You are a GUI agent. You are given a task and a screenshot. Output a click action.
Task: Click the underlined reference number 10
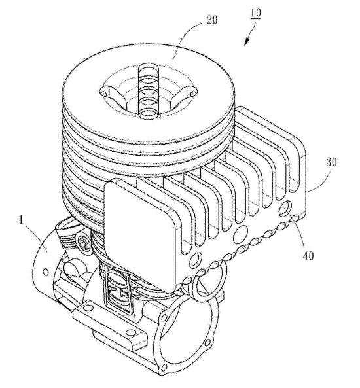[x=256, y=13]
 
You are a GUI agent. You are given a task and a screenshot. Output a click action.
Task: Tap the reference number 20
[x=212, y=20]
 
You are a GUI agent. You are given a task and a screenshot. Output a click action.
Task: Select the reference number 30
[x=331, y=162]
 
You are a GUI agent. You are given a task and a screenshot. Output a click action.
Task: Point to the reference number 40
[x=308, y=256]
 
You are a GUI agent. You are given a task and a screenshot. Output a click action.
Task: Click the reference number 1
[x=22, y=220]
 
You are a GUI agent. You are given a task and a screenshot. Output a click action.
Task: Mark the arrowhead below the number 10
[x=247, y=42]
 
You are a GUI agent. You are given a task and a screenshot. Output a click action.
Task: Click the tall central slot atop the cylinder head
[x=149, y=90]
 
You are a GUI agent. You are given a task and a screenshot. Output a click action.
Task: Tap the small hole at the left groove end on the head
[x=104, y=94]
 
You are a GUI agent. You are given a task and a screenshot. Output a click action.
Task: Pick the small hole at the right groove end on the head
[x=192, y=94]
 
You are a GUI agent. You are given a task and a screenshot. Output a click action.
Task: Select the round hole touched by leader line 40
[x=285, y=208]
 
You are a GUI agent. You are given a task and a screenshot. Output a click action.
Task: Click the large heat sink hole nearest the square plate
[x=194, y=260]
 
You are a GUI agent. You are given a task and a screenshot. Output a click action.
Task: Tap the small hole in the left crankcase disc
[x=45, y=272]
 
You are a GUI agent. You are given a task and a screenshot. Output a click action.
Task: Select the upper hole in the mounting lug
[x=87, y=309]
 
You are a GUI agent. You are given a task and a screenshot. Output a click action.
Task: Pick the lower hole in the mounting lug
[x=129, y=333]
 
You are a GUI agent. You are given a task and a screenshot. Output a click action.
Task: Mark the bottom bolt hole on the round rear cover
[x=163, y=366]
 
